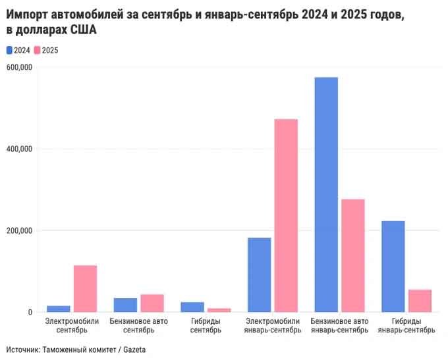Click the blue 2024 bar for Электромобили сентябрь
(59, 309)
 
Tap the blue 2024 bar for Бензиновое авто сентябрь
(125, 305)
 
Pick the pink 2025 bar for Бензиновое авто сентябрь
(152, 303)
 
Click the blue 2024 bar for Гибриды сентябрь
(192, 307)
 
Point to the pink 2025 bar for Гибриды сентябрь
(219, 310)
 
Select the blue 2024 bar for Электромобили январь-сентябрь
(259, 274)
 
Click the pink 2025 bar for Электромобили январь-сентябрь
(286, 215)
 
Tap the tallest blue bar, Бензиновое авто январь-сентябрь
(326, 194)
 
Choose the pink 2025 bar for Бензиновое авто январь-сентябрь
(353, 255)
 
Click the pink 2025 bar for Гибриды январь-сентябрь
(420, 301)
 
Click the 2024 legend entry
(18, 50)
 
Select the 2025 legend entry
(46, 50)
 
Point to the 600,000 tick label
(20, 67)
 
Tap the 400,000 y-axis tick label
(20, 149)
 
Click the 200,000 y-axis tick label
(20, 230)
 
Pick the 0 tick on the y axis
(30, 312)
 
